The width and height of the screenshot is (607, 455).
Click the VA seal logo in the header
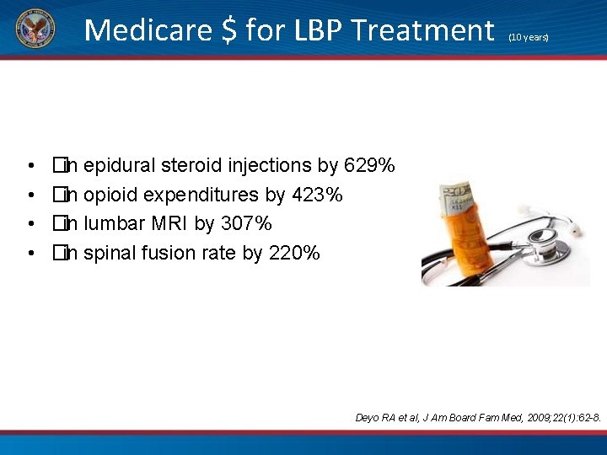click(x=34, y=29)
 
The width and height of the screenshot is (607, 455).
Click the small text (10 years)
click(x=528, y=38)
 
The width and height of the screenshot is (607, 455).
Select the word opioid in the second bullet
click(x=112, y=195)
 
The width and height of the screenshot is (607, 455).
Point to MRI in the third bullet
click(x=169, y=223)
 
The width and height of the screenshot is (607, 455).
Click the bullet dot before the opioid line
click(x=30, y=195)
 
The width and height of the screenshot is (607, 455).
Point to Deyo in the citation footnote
click(x=369, y=418)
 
